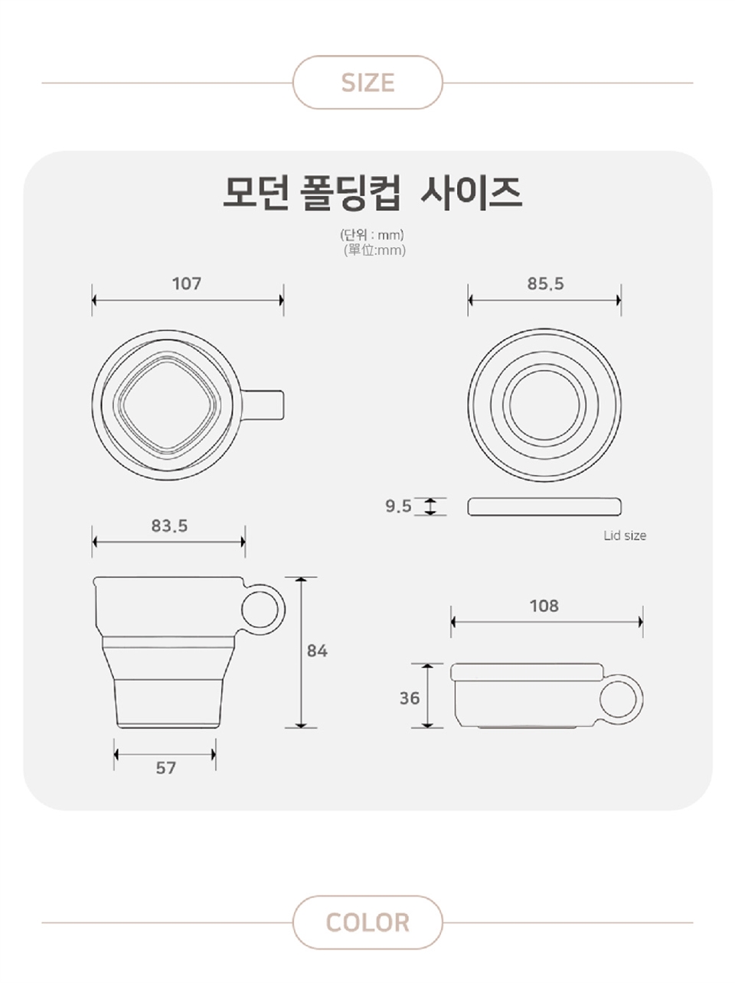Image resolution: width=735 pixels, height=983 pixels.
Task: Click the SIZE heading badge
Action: (x=367, y=83)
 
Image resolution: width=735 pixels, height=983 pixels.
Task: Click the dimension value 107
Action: (x=187, y=284)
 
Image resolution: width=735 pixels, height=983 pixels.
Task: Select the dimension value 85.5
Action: (x=545, y=284)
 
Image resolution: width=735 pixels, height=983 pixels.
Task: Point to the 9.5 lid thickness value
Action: (x=398, y=506)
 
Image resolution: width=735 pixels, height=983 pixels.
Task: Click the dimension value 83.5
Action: (x=169, y=526)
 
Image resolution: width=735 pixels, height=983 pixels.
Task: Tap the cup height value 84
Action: (x=317, y=651)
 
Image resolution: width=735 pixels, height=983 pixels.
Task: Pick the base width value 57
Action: (x=166, y=768)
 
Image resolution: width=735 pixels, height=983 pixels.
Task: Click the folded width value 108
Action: (x=544, y=606)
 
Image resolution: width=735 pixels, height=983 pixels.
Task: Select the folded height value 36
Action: (x=410, y=698)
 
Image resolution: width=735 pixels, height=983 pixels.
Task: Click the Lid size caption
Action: (x=625, y=535)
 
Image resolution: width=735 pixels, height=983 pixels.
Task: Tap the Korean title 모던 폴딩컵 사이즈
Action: (x=372, y=193)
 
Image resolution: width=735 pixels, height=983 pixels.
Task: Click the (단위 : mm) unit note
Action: (x=372, y=235)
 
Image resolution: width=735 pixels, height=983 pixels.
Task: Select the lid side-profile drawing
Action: (x=544, y=506)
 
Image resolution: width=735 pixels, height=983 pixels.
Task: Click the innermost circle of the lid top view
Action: (x=544, y=371)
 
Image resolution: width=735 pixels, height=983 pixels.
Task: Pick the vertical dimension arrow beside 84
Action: (x=301, y=653)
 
